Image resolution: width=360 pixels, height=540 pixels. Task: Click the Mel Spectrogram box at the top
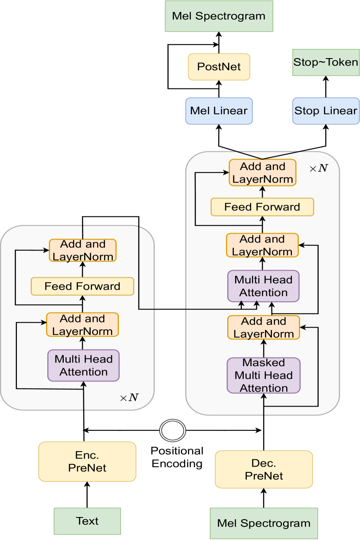click(219, 16)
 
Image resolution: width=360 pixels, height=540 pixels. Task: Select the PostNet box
click(219, 67)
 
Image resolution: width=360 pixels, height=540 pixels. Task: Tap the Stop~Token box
click(326, 62)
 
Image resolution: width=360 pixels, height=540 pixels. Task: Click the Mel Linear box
click(219, 111)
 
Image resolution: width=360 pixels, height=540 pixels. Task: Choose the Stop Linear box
click(326, 111)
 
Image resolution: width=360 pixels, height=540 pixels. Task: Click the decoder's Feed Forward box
click(262, 207)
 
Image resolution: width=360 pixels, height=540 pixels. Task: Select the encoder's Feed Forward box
click(82, 286)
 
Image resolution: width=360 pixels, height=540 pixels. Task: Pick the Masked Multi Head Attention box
click(264, 375)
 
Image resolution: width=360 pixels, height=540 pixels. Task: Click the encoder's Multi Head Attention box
click(83, 365)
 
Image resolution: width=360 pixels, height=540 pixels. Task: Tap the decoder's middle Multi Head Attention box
click(263, 286)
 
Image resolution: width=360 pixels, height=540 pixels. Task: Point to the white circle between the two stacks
click(173, 430)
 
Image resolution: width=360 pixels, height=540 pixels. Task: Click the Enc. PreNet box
click(87, 462)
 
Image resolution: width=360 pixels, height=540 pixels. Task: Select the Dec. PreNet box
click(264, 469)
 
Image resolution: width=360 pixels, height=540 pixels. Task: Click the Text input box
click(87, 521)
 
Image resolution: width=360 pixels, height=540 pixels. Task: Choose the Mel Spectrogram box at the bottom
click(264, 524)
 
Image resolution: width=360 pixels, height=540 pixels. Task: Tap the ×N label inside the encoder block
click(129, 397)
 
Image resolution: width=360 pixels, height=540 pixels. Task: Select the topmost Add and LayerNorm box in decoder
click(262, 172)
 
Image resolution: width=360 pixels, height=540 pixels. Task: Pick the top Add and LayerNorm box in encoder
click(83, 250)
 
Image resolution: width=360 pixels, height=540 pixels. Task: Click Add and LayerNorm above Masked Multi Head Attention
click(263, 328)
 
